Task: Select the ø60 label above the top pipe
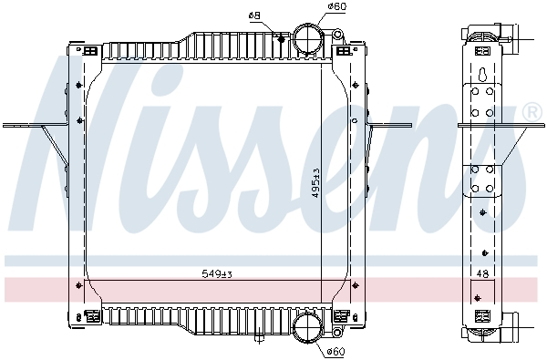(x=312, y=7)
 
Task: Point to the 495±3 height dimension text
(x=315, y=183)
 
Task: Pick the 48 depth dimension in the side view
(x=480, y=273)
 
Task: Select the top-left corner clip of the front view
(x=90, y=51)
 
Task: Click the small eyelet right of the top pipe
(x=336, y=34)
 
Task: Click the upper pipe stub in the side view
(x=516, y=38)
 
